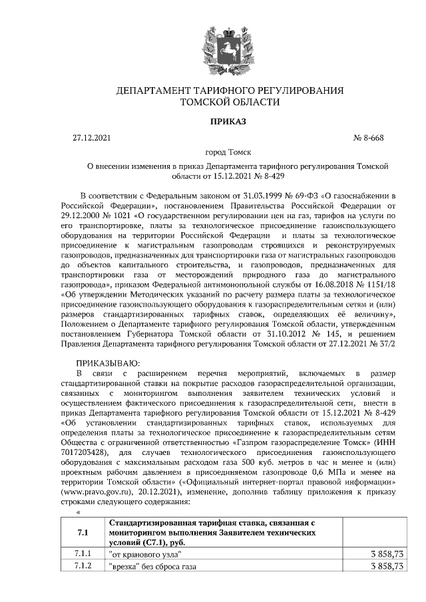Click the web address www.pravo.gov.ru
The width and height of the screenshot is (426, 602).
click(x=87, y=492)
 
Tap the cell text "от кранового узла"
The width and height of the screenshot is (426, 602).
click(x=144, y=553)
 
